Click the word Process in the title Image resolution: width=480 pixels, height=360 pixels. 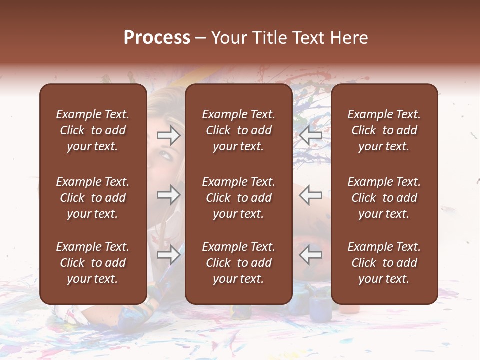coord(157,38)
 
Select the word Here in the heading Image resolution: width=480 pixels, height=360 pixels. coord(348,38)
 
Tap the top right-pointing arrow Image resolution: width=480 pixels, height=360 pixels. coord(168,135)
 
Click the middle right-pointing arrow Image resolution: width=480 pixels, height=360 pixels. coord(168,195)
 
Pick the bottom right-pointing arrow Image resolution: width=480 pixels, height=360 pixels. coord(168,255)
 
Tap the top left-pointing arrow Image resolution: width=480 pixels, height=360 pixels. coord(311,135)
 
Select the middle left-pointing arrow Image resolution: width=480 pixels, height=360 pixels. coord(311,195)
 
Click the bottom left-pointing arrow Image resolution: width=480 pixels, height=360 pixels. coord(311,255)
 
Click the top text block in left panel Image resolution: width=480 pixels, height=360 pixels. coord(93,130)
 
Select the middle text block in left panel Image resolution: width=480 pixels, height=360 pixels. coord(93,198)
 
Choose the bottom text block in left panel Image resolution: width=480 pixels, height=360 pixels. coord(93,263)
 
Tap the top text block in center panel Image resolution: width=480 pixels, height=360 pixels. coord(238,130)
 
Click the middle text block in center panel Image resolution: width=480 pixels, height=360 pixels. coord(238,198)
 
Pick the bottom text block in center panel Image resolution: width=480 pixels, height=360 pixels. coord(238,263)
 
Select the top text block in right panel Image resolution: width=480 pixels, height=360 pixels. coord(384,130)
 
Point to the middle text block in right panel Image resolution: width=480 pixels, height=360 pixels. coord(384,198)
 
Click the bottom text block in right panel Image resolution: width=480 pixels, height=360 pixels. coord(384,263)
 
